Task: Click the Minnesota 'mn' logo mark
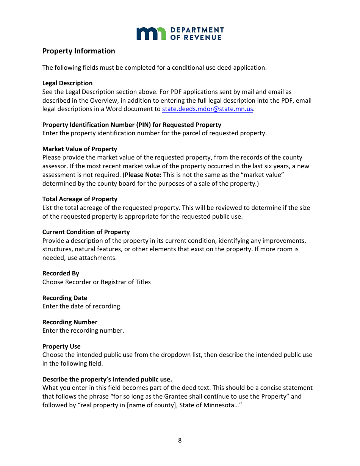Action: pyautogui.click(x=151, y=34)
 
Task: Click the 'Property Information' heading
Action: pyautogui.click(x=78, y=51)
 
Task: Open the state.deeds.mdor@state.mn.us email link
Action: pyautogui.click(x=207, y=109)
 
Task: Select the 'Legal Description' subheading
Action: pyautogui.click(x=67, y=83)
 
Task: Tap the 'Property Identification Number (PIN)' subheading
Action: pyautogui.click(x=131, y=125)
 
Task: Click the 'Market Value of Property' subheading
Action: pyautogui.click(x=80, y=149)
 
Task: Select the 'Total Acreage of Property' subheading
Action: pyautogui.click(x=80, y=199)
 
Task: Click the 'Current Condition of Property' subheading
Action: pyautogui.click(x=86, y=232)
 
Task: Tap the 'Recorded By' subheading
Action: pyautogui.click(x=61, y=273)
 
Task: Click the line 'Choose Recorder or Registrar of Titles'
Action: pyautogui.click(x=96, y=282)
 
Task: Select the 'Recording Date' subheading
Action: pyautogui.click(x=65, y=298)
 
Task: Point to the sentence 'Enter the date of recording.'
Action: pyautogui.click(x=82, y=306)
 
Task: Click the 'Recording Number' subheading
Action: pyautogui.click(x=70, y=322)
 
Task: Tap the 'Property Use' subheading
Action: pyautogui.click(x=61, y=346)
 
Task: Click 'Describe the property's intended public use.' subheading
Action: pyautogui.click(x=107, y=379)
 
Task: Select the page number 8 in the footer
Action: pyautogui.click(x=180, y=440)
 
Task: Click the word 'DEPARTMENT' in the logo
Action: pyautogui.click(x=197, y=30)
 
